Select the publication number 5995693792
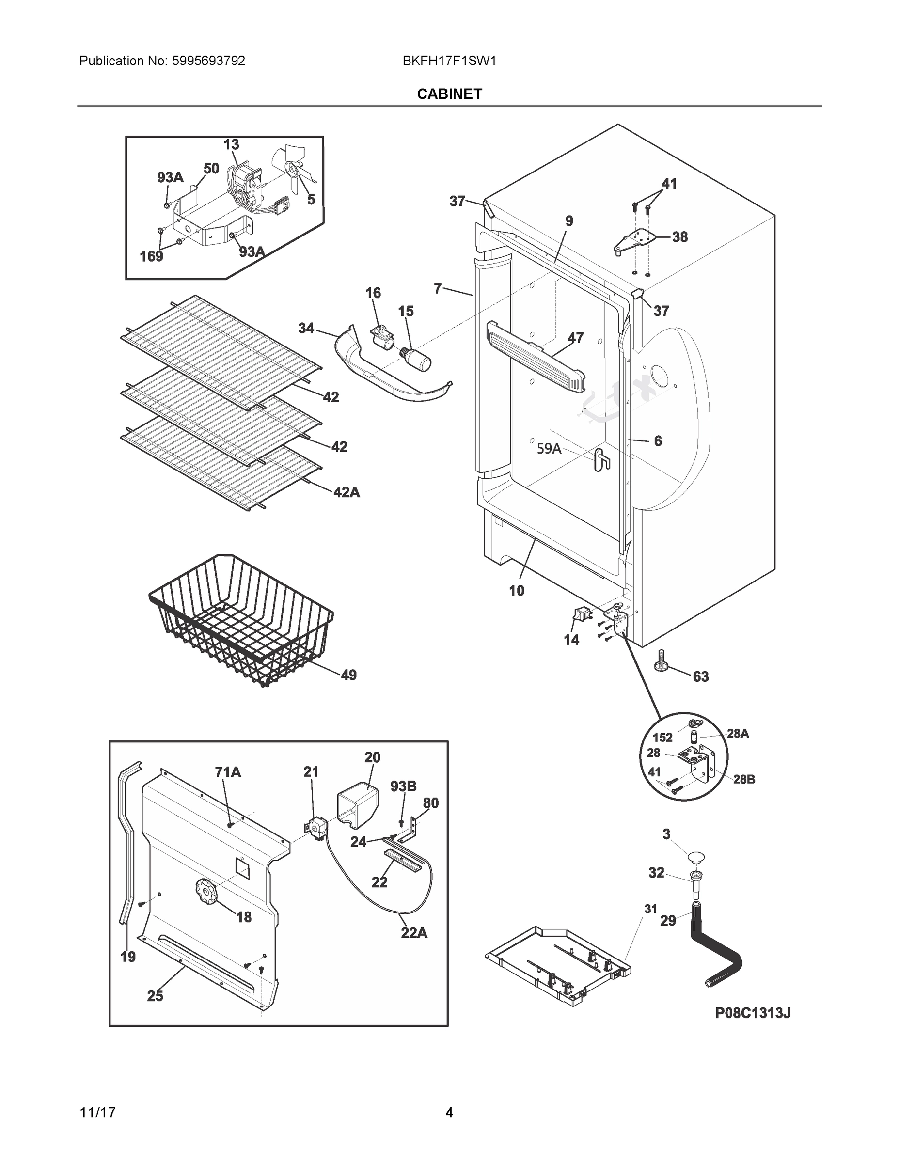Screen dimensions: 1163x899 point(208,61)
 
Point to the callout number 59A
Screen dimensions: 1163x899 point(549,448)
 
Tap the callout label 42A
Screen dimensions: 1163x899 point(346,492)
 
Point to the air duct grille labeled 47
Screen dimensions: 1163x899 point(535,356)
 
